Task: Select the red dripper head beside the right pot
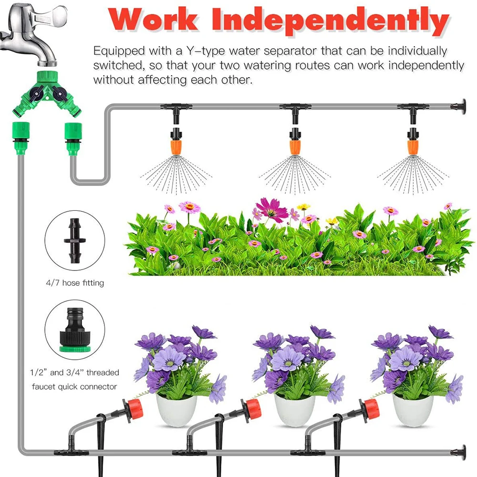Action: coord(370,408)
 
